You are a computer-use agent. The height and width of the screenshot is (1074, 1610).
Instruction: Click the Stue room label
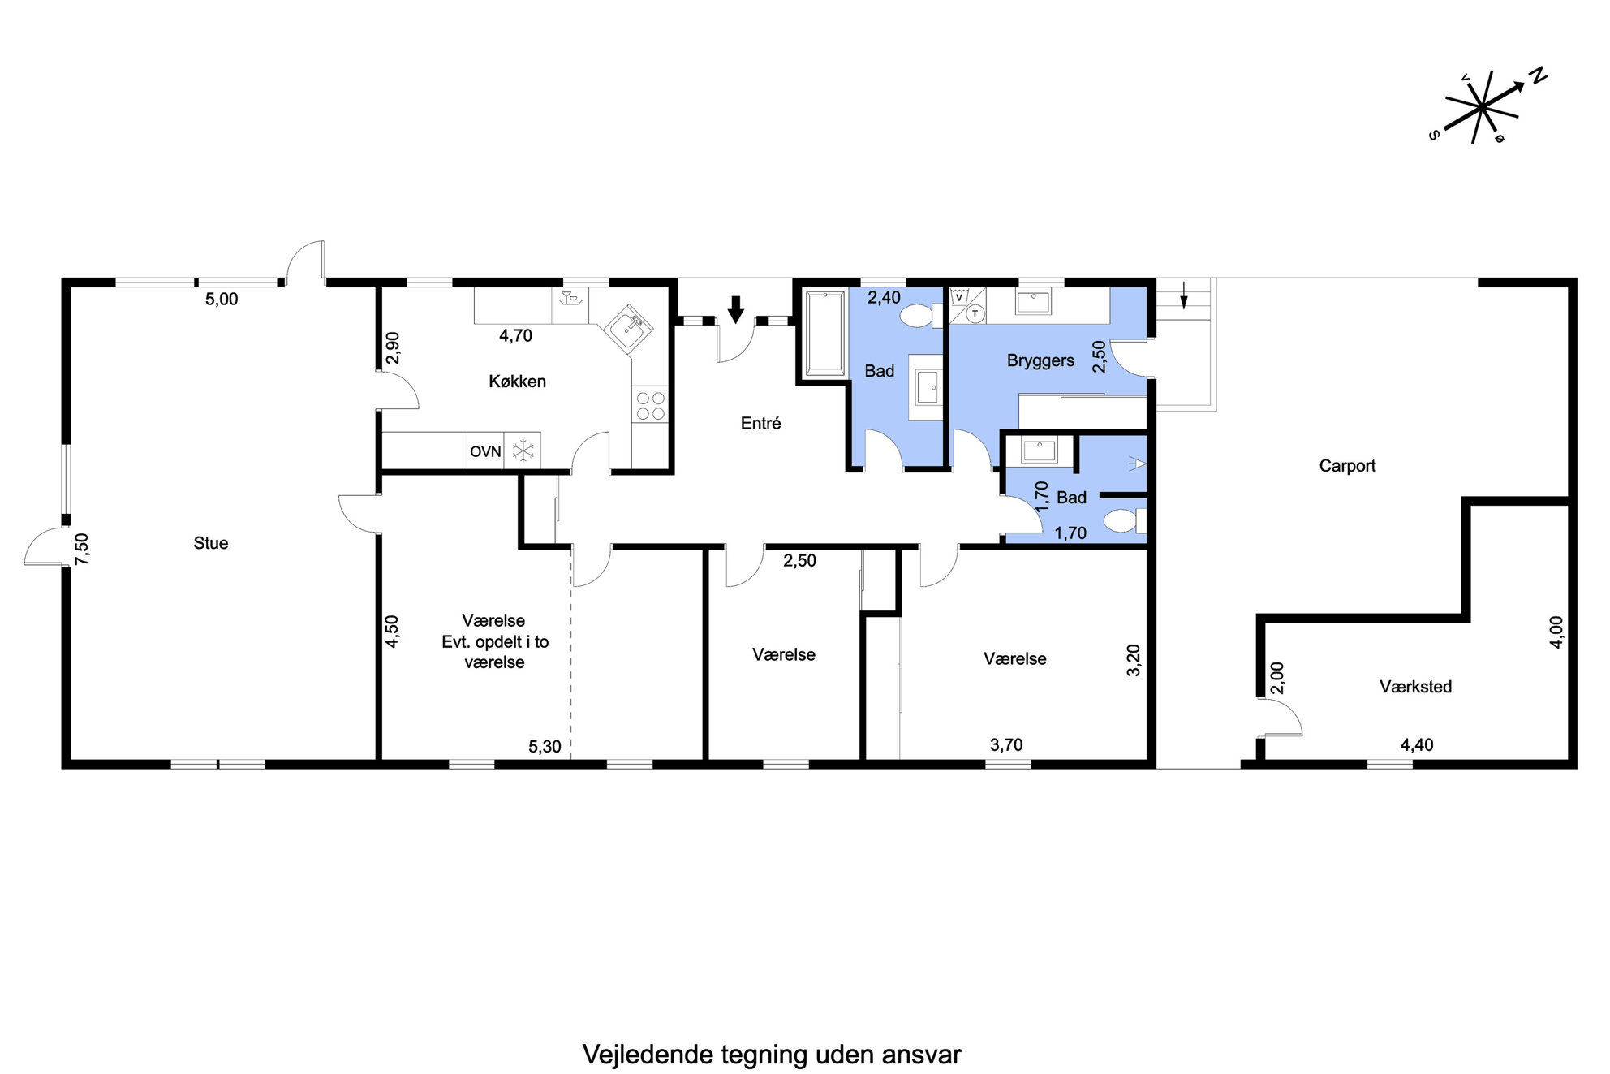211,543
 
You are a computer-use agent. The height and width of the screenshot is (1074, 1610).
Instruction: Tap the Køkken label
517,382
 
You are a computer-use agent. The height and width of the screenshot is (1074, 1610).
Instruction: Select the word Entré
760,423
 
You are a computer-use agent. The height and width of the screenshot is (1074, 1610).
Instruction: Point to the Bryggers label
1040,361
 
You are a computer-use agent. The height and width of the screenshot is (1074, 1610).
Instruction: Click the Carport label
1347,466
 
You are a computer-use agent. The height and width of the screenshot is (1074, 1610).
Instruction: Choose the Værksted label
1415,687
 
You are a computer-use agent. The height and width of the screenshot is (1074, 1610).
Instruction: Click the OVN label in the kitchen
485,451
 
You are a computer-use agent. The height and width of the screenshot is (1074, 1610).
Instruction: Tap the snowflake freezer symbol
523,451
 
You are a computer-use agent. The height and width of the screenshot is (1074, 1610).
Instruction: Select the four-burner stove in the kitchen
650,406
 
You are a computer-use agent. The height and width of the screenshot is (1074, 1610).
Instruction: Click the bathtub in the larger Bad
824,334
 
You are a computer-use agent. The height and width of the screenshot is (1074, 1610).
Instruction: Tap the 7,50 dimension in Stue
82,549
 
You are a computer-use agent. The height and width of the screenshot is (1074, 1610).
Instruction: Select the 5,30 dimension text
545,747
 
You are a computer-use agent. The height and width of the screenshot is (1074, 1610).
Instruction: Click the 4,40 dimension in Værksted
1416,744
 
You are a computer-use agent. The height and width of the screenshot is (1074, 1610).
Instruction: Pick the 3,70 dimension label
1006,744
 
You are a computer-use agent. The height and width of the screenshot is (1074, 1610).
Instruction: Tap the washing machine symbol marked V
959,297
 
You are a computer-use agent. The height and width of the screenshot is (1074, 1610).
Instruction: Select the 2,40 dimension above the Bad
884,298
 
